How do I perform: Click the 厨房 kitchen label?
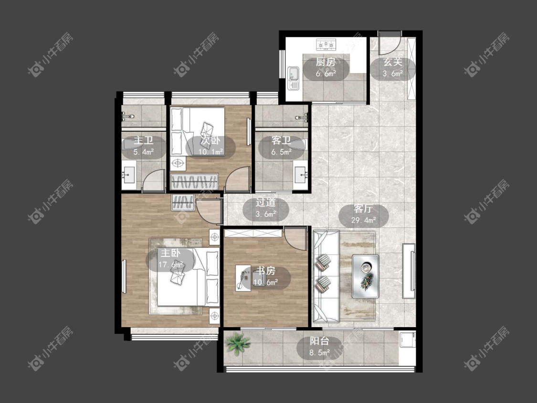coord(326,62)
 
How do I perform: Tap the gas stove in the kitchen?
coord(326,44)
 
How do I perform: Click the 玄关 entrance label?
coord(392,62)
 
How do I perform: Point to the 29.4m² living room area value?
coord(363,220)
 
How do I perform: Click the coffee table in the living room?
coord(366,276)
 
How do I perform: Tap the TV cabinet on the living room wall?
coord(409,271)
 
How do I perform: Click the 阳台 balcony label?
coord(319,341)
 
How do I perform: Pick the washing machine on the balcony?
coord(407,348)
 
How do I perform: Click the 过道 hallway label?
coord(266,202)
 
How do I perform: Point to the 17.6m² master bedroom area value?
coord(170,265)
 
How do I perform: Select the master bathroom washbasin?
coord(129,175)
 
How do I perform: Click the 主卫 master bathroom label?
coord(144,140)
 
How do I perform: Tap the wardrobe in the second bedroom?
coord(194,181)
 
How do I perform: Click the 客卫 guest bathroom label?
coord(281,140)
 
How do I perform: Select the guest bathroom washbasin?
coord(301,175)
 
